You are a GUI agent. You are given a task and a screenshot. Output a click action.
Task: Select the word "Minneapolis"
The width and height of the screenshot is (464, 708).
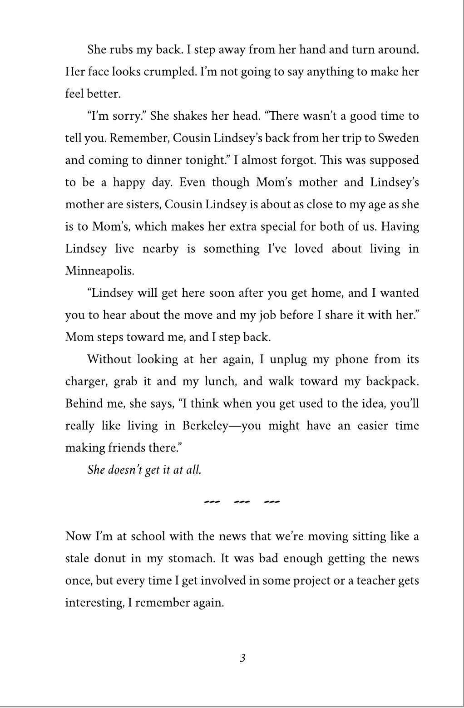(x=100, y=271)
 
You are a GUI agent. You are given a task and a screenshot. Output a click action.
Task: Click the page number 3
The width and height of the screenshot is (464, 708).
(x=242, y=658)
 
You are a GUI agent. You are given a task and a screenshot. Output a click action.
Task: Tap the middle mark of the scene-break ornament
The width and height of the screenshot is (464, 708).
(x=242, y=502)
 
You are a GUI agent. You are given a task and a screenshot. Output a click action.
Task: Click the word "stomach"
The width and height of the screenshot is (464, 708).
(x=192, y=558)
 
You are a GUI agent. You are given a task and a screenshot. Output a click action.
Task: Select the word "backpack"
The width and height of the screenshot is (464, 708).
(x=394, y=381)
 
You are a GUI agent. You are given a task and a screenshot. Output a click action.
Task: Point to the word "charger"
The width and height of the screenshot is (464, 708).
(x=86, y=381)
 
